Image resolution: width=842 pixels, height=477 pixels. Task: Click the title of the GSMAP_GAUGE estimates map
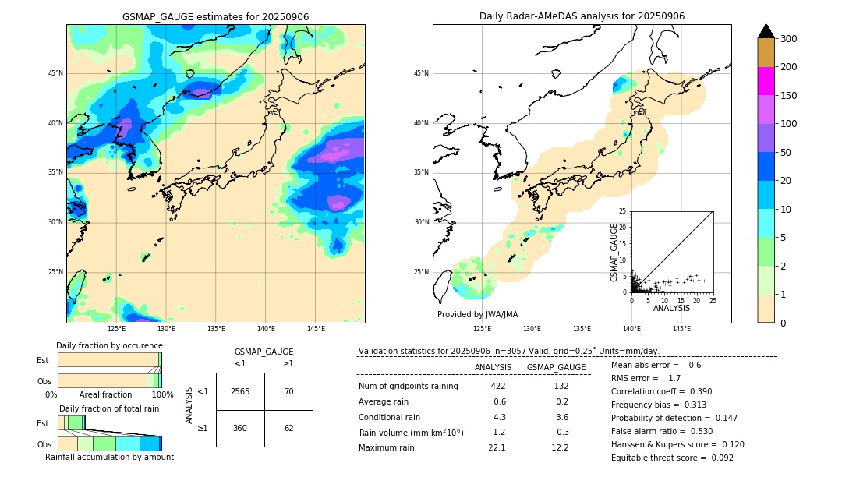coord(215,16)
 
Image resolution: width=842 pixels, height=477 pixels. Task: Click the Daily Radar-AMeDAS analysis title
coord(582,16)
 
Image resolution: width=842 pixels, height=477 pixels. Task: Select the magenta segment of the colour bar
coord(766,81)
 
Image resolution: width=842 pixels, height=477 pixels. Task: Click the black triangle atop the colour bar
coord(766,31)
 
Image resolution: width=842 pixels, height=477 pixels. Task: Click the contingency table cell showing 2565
coord(240,391)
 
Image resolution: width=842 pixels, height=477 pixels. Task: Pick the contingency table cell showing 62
coord(288,428)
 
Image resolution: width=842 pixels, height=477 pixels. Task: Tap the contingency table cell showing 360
coord(240,428)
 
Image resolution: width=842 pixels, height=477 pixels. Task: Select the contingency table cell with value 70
coord(288,391)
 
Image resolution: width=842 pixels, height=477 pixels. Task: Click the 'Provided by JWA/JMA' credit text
coord(477,315)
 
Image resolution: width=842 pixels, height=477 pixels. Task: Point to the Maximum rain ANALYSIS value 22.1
coord(497,447)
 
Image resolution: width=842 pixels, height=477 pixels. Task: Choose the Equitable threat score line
coord(672,458)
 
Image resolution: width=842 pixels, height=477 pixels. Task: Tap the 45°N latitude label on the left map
coord(55,73)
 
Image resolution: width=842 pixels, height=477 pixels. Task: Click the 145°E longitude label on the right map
coord(681,329)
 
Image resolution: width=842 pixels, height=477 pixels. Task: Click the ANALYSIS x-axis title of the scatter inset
coord(671,308)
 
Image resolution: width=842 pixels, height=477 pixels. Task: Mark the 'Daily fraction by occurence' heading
coord(109,345)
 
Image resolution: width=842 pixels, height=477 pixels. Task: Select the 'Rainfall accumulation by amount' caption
coord(110,458)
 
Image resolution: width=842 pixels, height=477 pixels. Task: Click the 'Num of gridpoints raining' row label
coord(409,386)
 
